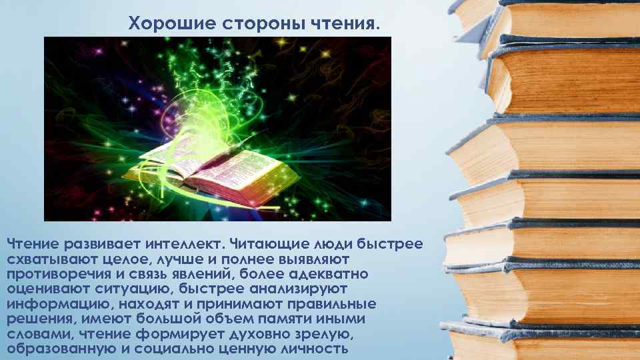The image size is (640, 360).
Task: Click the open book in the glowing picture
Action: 213,170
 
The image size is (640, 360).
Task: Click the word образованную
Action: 57,349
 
